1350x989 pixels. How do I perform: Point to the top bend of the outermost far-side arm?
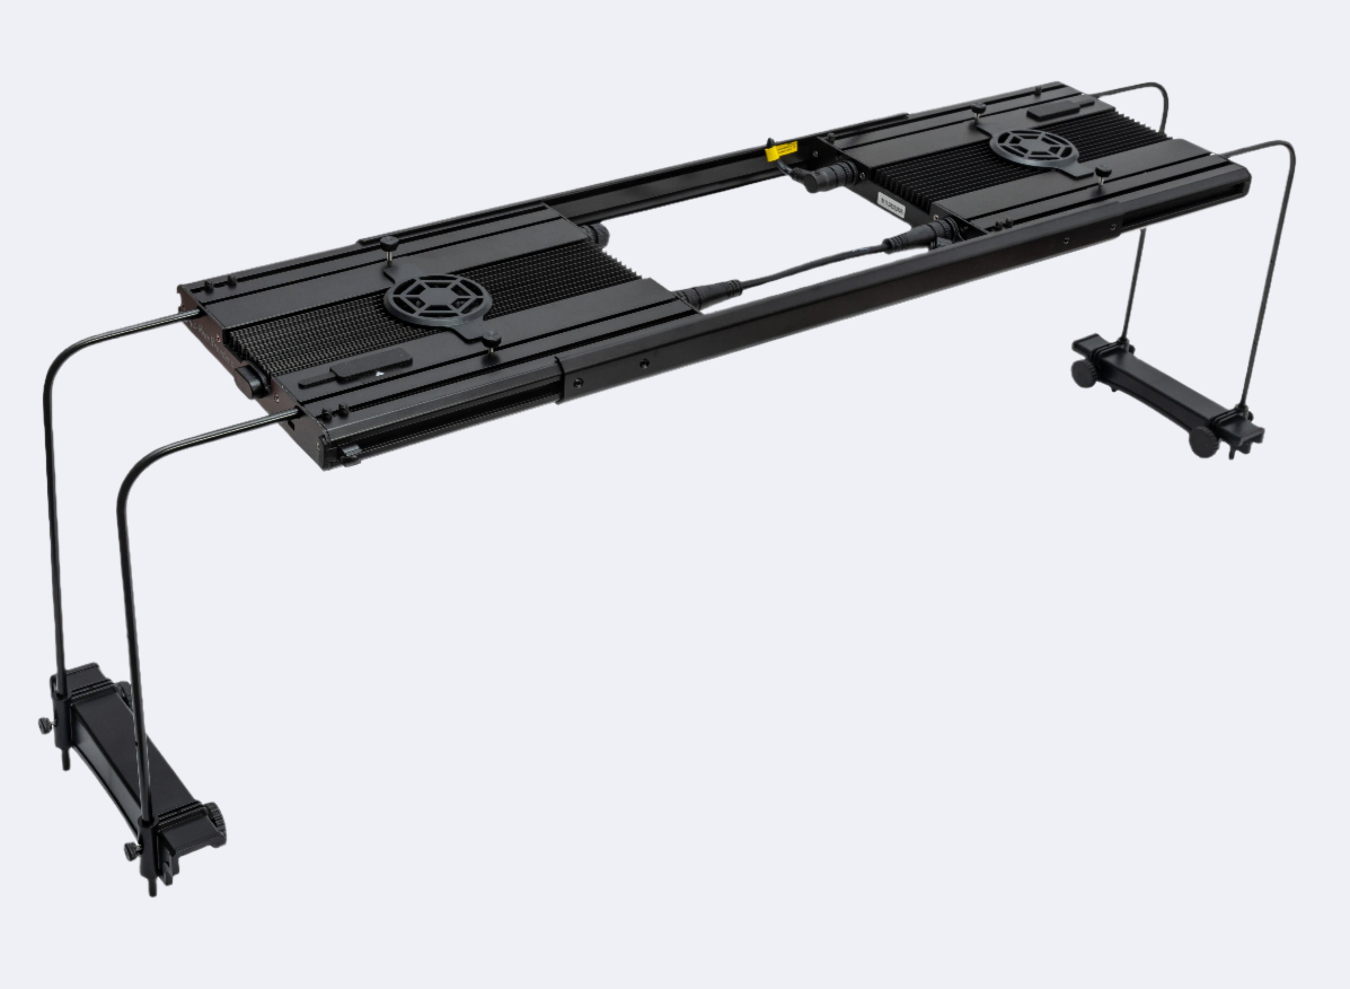point(1287,150)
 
